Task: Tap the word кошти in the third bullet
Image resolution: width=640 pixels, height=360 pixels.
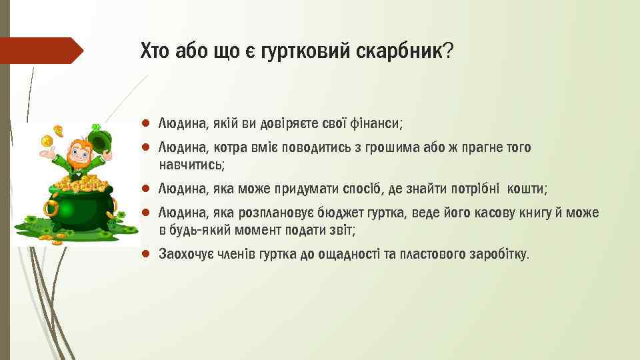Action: [526, 189]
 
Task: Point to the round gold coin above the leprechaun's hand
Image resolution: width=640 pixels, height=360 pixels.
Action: [47, 141]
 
